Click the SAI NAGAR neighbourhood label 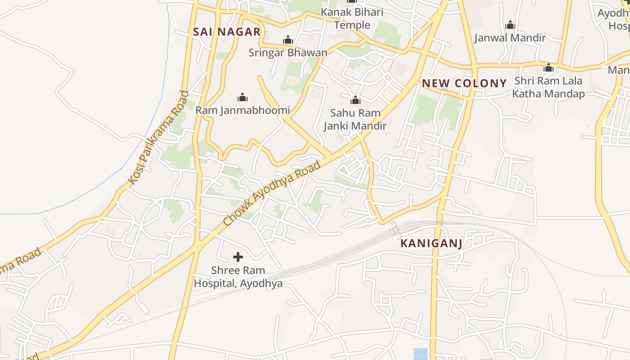point(227,31)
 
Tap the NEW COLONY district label point(464,83)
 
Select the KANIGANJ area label point(431,243)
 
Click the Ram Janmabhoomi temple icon point(243,97)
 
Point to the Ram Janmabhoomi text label point(243,110)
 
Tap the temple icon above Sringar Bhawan point(288,40)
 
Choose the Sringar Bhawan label point(288,53)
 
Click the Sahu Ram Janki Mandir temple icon point(355,99)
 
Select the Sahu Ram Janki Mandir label point(355,119)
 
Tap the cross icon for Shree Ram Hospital point(238,257)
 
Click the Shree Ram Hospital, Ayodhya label point(238,277)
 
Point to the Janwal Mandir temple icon point(510,25)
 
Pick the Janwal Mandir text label point(510,38)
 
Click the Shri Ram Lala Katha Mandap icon point(549,68)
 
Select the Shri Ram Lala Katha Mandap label point(549,87)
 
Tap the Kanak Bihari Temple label point(352,18)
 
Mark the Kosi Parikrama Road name point(158,137)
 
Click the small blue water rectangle point(420,354)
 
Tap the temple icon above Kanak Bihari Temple point(352,1)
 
